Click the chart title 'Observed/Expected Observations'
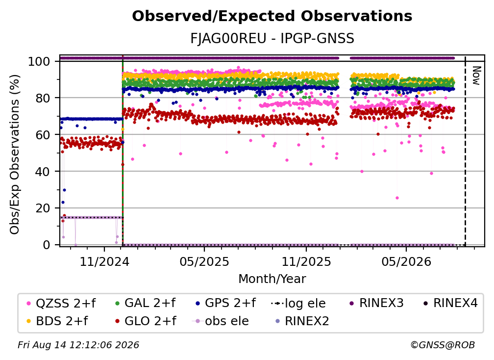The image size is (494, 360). click(272, 16)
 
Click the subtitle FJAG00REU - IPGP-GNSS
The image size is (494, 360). click(272, 38)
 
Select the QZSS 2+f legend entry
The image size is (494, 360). click(61, 303)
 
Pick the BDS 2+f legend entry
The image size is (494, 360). click(57, 321)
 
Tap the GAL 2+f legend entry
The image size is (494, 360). click(145, 303)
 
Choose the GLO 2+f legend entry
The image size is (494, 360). click(146, 321)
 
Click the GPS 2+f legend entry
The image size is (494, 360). click(225, 303)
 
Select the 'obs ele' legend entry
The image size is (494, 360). click(221, 321)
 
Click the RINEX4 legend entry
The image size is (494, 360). click(450, 303)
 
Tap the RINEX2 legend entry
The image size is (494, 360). click(302, 321)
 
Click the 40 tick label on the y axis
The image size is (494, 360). click(43, 172)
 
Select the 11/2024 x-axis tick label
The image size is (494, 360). click(104, 262)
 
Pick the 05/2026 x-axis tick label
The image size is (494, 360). click(406, 262)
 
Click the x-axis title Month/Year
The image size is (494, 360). click(272, 279)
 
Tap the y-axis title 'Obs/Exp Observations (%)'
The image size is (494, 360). click(15, 154)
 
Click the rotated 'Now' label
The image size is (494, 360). click(476, 76)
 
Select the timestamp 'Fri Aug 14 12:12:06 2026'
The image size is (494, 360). click(78, 345)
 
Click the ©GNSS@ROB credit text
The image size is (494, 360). click(443, 345)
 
